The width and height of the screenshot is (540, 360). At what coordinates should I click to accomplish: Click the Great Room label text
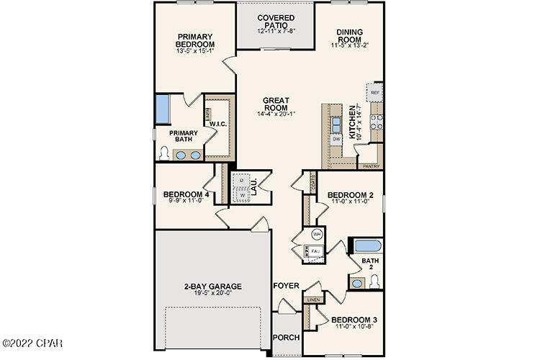pos(276,103)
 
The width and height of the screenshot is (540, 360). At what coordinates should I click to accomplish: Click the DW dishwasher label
pos(336,138)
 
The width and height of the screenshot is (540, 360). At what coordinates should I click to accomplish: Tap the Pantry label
pos(370,166)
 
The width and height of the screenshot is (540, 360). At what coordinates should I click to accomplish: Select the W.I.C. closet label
pos(218,124)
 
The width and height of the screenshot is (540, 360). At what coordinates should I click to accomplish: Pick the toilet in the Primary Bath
pos(164,153)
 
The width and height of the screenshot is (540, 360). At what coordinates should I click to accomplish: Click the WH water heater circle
pos(316,234)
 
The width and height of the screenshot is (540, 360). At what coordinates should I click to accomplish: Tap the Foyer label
pos(285,286)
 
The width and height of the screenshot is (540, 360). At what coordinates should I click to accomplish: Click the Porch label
pos(286,338)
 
